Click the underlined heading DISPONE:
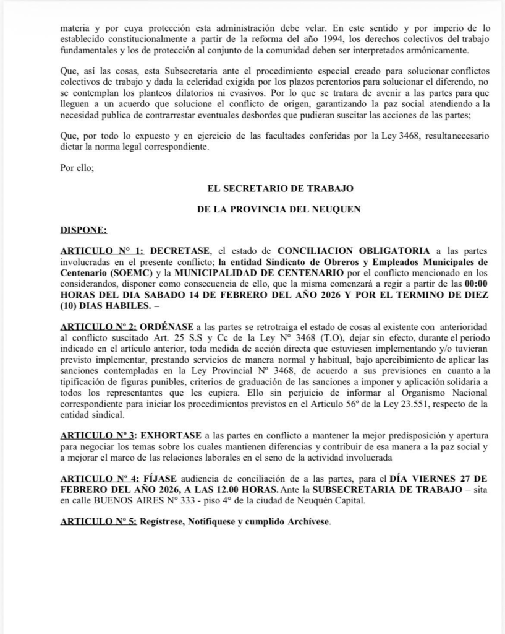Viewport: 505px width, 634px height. click(83, 231)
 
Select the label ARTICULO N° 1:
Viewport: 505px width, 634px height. click(101, 251)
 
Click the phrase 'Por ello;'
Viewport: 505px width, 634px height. click(77, 167)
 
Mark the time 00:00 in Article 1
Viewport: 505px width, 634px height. click(474, 283)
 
